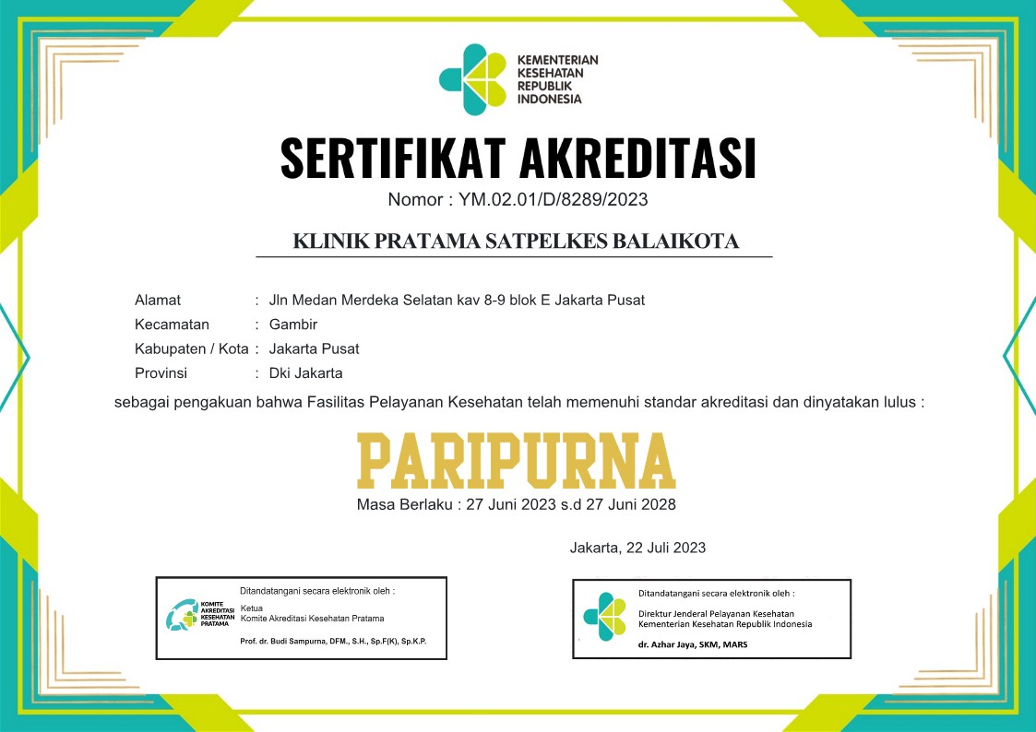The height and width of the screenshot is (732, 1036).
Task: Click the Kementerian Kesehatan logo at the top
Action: click(x=473, y=79)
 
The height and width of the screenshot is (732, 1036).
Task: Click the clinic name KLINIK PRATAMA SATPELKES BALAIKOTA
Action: click(x=516, y=242)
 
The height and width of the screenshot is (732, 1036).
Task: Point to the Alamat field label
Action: click(x=158, y=300)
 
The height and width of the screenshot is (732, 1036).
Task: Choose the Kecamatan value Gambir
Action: click(x=293, y=325)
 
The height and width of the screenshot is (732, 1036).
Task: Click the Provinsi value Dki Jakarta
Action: click(x=305, y=373)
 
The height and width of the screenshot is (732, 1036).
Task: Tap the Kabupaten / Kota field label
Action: click(x=192, y=349)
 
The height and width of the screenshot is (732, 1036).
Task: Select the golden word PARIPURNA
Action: click(x=517, y=460)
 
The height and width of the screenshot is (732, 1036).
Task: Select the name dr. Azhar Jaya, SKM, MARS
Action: click(x=693, y=644)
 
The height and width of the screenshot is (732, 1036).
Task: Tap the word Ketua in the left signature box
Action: click(x=251, y=608)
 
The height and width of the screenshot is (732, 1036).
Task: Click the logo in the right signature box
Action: click(x=604, y=617)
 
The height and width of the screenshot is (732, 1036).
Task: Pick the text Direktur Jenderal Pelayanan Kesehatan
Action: click(x=716, y=613)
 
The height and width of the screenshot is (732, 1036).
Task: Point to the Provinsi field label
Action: click(x=161, y=373)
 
